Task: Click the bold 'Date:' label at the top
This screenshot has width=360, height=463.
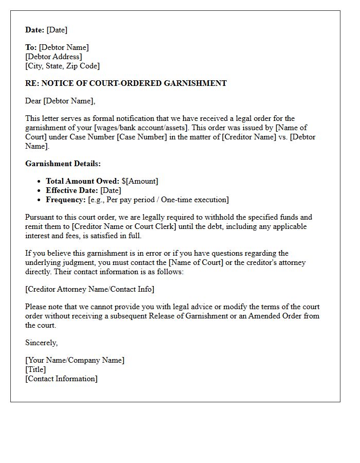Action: (x=34, y=30)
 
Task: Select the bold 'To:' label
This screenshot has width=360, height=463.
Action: (x=31, y=47)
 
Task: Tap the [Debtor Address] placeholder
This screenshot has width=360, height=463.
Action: (x=53, y=57)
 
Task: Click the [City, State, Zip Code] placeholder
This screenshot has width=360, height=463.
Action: (x=62, y=66)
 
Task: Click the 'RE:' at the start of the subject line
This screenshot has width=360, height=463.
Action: (x=32, y=83)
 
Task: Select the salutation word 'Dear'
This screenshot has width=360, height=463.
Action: (x=33, y=101)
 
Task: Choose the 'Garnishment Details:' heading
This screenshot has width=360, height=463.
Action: (x=63, y=164)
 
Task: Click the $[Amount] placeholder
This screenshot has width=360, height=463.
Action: (x=140, y=181)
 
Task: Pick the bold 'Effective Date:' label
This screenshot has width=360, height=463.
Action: (x=72, y=190)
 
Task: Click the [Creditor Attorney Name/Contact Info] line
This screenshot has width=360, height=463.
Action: (x=89, y=289)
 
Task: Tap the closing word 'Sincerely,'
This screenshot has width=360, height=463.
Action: (x=41, y=343)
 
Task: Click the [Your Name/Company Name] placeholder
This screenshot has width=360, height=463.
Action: (x=75, y=360)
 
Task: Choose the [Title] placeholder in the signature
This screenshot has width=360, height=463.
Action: (x=35, y=369)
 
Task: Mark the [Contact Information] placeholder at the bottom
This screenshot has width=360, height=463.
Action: (x=61, y=379)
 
